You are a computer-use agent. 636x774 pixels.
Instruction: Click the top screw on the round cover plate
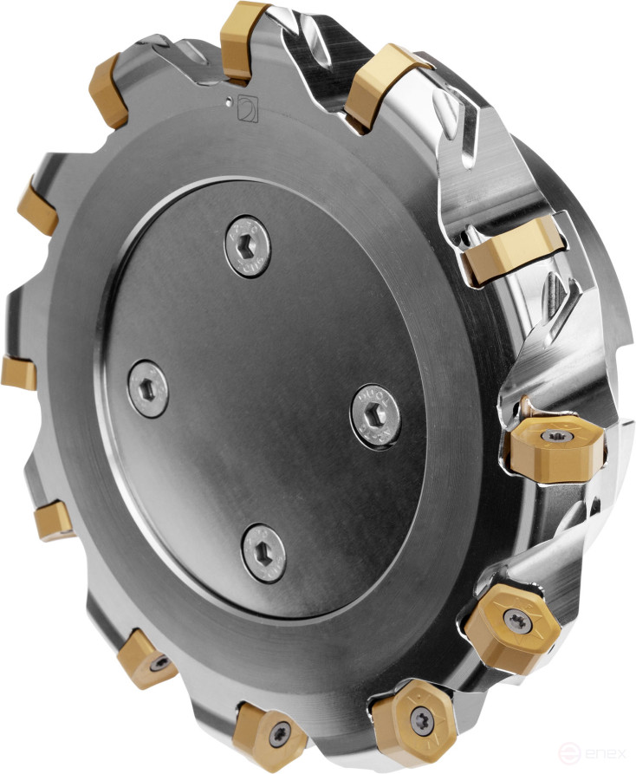tap(247, 243)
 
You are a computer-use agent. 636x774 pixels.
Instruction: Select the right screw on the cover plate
tap(377, 415)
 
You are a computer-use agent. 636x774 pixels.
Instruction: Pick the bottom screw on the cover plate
tap(264, 552)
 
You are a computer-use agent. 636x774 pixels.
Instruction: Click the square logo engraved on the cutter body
tap(246, 108)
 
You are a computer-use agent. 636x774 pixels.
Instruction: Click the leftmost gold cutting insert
tap(18, 373)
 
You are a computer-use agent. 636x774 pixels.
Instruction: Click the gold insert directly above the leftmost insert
tap(37, 206)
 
